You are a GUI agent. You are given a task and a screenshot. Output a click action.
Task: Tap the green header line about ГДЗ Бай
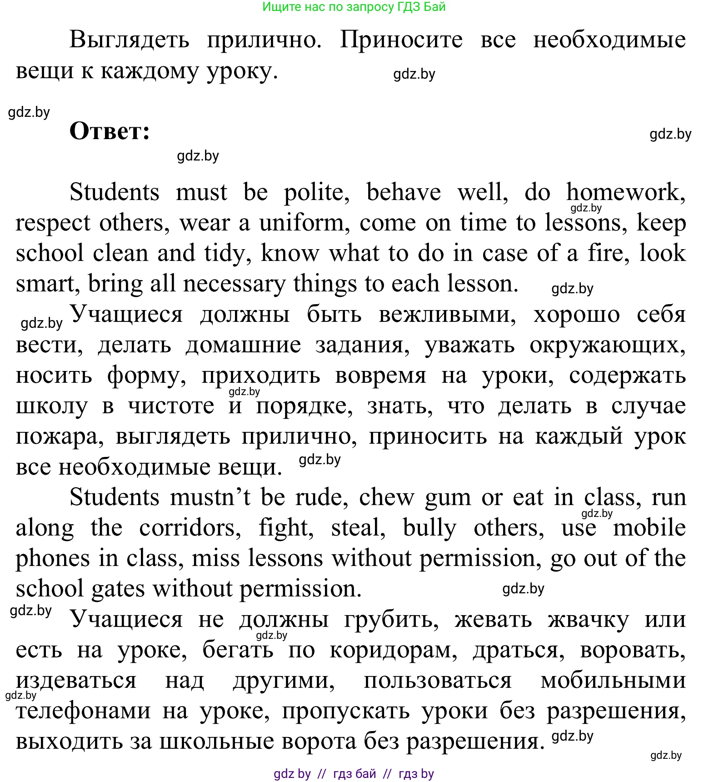coord(354,7)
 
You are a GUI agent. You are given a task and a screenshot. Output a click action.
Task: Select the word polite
coord(316,193)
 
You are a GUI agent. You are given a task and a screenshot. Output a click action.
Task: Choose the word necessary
coord(234,284)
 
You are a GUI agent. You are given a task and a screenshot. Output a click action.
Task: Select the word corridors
coord(190,528)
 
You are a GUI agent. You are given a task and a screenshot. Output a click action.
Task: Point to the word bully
coord(429,528)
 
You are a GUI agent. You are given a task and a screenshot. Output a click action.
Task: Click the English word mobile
coord(649,528)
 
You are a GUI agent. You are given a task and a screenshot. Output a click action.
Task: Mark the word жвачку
coord(588,620)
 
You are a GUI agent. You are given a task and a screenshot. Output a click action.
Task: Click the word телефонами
coord(83,711)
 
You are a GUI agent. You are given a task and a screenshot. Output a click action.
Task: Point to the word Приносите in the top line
coord(401,40)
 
